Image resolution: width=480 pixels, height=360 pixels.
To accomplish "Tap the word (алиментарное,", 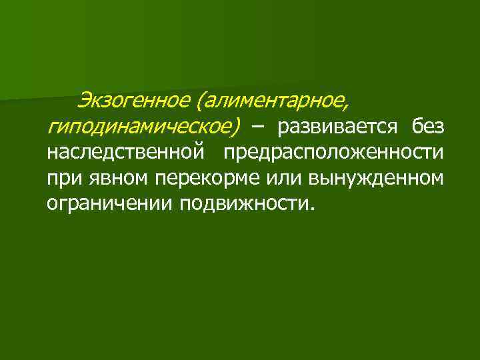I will pos(271,101).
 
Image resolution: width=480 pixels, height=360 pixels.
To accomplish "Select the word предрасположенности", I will pos(333,152).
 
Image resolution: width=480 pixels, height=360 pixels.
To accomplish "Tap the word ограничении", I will pos(109,203).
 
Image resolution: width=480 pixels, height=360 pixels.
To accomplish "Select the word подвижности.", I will pos(243,203).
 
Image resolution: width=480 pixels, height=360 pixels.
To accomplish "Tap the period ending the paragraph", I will pos(308,207).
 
